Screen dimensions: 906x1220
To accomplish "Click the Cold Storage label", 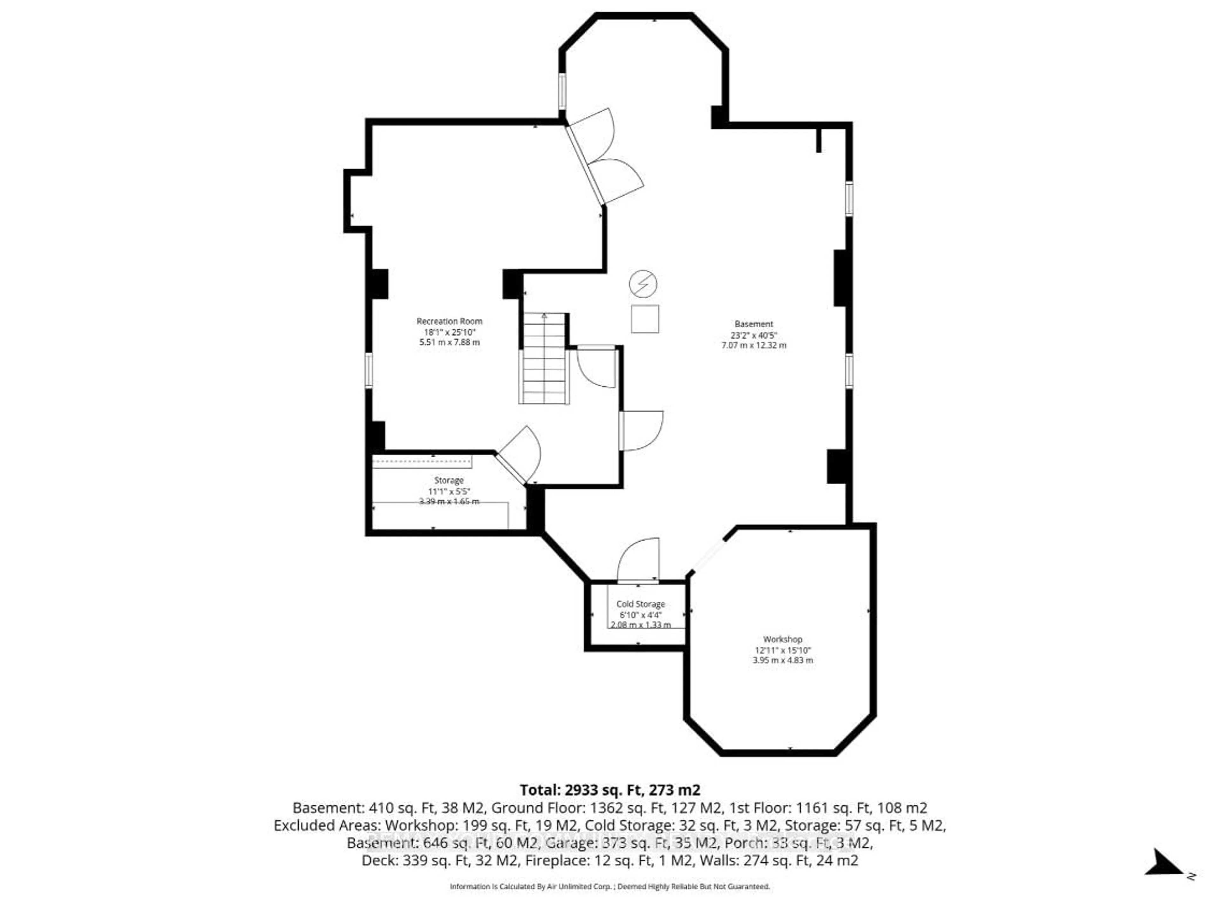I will (x=640, y=604).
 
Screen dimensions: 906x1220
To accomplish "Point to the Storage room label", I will (x=449, y=480).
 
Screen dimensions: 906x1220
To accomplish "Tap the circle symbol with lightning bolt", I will (x=643, y=284).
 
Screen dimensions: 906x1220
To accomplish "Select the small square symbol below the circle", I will (x=645, y=319).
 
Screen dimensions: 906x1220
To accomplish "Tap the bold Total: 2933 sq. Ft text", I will (x=609, y=790).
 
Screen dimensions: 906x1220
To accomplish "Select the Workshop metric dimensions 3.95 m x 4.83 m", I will (x=782, y=660).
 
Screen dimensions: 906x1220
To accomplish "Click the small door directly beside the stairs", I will (x=597, y=366).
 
